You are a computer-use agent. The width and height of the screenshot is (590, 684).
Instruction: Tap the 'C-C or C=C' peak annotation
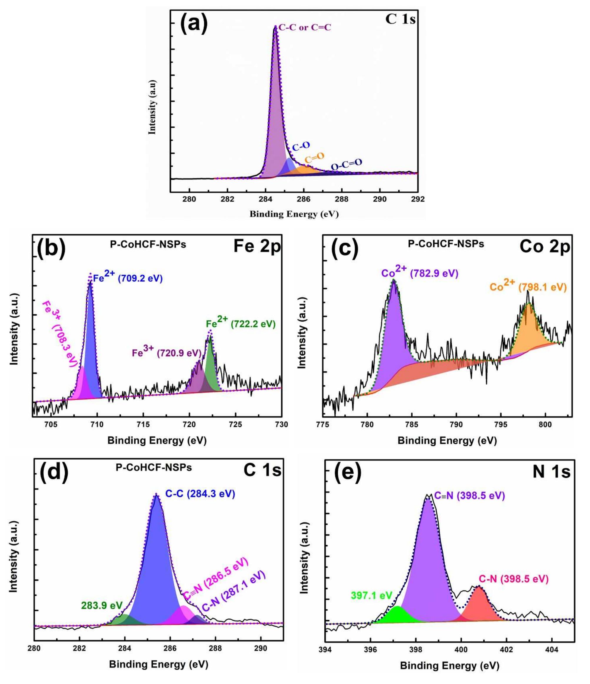click(x=304, y=28)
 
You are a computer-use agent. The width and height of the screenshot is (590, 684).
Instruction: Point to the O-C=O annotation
click(x=346, y=164)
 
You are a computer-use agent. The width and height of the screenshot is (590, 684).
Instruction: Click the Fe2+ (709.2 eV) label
click(x=128, y=278)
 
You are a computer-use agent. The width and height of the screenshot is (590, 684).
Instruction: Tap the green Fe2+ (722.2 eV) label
click(x=240, y=323)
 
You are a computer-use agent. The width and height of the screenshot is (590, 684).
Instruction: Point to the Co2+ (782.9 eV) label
click(x=420, y=273)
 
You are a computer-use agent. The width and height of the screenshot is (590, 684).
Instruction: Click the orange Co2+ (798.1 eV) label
click(x=528, y=286)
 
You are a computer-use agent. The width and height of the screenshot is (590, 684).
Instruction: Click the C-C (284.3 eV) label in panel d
click(x=200, y=494)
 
